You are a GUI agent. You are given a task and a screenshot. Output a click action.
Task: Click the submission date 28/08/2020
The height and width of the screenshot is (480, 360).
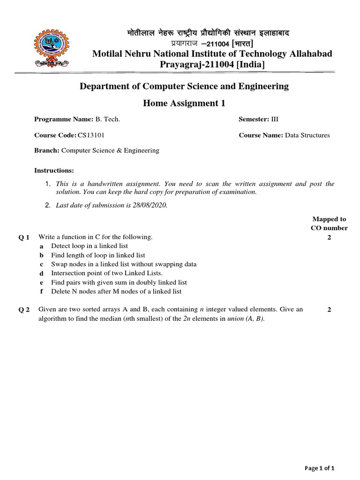click(149, 205)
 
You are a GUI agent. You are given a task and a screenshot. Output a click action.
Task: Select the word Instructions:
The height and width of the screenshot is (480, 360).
click(54, 170)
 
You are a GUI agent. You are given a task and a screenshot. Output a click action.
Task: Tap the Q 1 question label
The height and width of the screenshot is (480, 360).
click(24, 238)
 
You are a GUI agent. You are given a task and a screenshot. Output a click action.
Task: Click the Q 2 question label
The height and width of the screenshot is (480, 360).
click(24, 310)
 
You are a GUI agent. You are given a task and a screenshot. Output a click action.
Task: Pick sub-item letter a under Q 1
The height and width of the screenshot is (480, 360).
click(42, 246)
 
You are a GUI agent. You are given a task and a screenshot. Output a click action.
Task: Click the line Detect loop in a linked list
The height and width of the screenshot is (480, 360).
click(89, 246)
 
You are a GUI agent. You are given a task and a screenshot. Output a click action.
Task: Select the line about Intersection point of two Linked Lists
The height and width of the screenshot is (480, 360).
click(107, 273)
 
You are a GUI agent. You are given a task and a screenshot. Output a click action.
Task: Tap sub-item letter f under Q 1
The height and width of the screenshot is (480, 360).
click(42, 292)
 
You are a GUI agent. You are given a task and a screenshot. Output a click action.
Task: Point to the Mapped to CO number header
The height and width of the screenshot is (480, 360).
click(329, 224)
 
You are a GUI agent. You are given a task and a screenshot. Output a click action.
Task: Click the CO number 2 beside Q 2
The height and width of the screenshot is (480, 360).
click(329, 310)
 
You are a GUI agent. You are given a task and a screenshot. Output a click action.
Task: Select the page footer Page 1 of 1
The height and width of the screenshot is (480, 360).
click(320, 468)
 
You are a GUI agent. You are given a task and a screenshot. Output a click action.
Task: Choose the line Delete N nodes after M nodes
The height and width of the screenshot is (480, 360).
click(116, 292)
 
